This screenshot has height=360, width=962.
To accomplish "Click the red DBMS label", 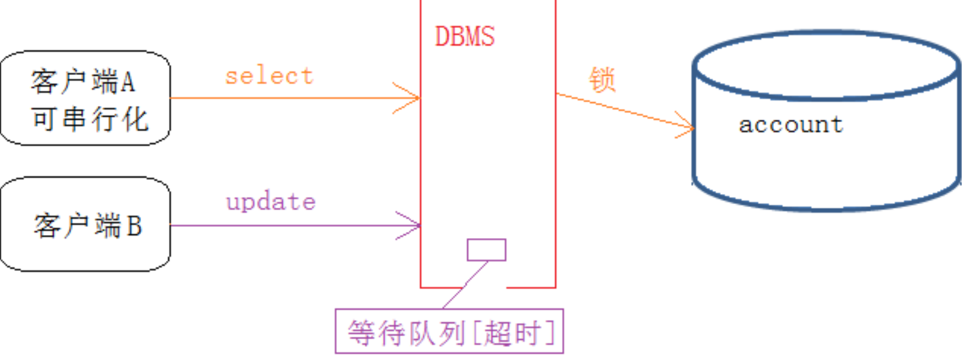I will coord(464,37).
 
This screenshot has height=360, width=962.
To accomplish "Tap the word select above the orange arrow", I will coord(269,76).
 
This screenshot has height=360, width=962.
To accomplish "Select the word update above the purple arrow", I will coord(271,202).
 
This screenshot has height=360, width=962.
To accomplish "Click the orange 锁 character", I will coord(602,79).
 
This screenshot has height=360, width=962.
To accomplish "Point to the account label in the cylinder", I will coord(791,124).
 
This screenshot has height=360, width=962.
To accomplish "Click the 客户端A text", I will coord(83,82).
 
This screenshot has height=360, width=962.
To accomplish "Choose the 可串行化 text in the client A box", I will coord(89,119).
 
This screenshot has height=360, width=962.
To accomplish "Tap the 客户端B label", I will coord(88,226).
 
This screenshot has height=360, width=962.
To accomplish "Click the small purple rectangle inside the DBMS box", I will coord(486,250).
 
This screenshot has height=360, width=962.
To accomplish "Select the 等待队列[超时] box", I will coord(449,331).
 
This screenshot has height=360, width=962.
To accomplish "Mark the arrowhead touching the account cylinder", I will coord(688,126).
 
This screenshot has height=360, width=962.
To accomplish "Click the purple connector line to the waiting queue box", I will coord(466,284).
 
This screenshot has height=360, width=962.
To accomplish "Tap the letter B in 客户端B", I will coord(135,226).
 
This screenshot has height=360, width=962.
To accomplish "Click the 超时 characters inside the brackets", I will coord(512,333).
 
